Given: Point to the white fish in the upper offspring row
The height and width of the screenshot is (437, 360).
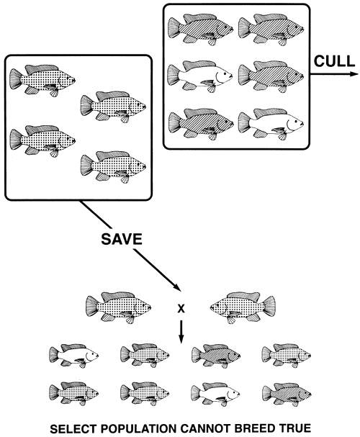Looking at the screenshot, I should (74, 354).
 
